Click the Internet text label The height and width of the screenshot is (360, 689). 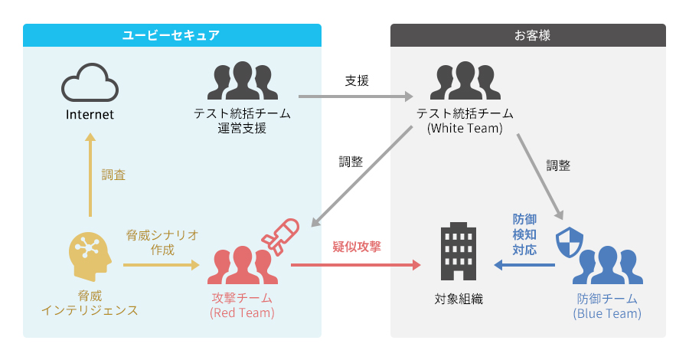click(90, 115)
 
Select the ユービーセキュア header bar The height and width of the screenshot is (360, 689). click(171, 34)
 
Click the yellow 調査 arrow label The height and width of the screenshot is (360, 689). click(113, 175)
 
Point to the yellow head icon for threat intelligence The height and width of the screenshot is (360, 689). click(90, 256)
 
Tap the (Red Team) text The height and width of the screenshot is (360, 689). click(242, 313)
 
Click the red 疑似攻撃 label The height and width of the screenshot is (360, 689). click(357, 247)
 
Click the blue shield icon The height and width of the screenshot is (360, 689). click(568, 244)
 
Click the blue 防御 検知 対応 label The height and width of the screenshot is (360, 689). click(524, 234)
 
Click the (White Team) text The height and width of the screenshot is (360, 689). click(464, 129)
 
